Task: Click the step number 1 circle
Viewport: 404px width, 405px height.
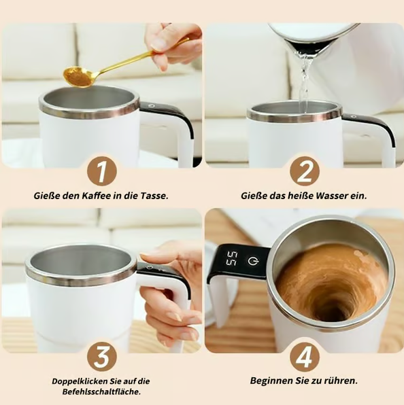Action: coord(101,171)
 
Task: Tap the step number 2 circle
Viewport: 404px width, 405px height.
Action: coord(305,171)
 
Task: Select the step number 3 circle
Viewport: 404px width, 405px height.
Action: coord(101,357)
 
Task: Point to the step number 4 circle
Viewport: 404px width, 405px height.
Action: coord(305,357)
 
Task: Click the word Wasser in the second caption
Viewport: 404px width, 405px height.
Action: coord(332,196)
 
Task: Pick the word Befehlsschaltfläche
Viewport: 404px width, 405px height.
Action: coord(101,391)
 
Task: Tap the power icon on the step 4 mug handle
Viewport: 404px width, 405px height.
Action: coord(253,261)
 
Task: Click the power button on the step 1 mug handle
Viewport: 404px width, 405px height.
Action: coord(151,105)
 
